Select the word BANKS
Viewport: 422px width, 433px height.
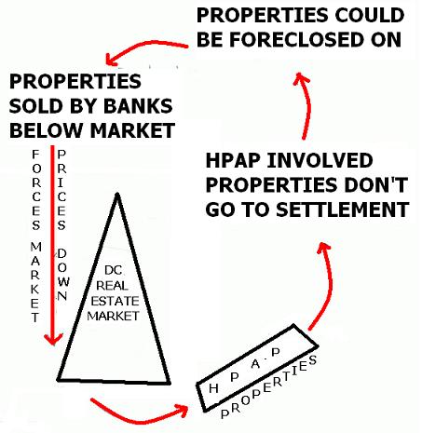point(138,106)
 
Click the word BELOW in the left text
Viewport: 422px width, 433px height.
point(45,130)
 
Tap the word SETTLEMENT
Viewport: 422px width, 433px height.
point(343,210)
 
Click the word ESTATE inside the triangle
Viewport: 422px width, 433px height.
point(115,301)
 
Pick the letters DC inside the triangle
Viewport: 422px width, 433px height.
point(113,270)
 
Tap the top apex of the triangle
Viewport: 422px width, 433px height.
point(117,194)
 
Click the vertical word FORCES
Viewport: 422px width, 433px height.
point(36,190)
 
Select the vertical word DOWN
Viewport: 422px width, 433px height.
point(62,275)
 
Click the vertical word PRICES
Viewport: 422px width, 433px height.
point(61,190)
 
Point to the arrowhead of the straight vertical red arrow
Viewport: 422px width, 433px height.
point(53,340)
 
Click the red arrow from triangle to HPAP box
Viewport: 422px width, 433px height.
point(137,419)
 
